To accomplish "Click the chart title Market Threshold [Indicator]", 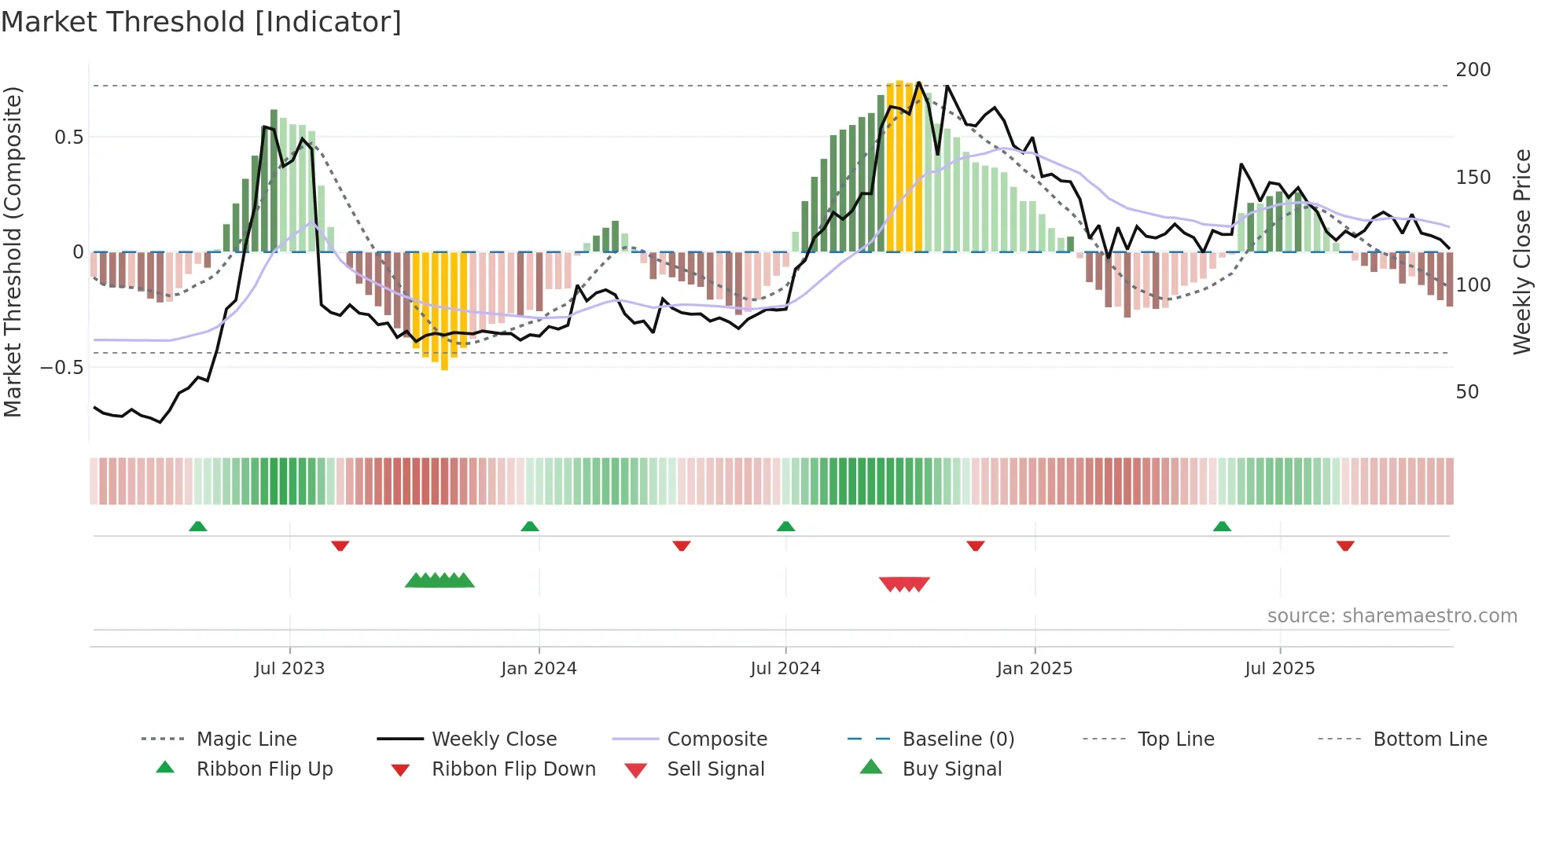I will click(x=201, y=22).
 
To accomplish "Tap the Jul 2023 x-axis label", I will click(x=289, y=669).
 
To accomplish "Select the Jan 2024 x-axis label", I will click(x=539, y=669).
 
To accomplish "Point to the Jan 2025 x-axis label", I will click(x=1034, y=669).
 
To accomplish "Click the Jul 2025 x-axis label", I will click(x=1279, y=669).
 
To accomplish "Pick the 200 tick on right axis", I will click(x=1473, y=70).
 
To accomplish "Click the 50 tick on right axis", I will click(x=1467, y=392).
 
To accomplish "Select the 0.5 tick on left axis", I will click(x=68, y=138).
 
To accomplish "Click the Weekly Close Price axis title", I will click(x=1522, y=251).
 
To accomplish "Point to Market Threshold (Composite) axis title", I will click(x=13, y=251).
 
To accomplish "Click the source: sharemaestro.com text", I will click(x=1392, y=616).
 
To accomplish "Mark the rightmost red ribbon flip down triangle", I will click(x=1345, y=545).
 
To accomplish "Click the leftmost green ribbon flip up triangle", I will click(x=198, y=527).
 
